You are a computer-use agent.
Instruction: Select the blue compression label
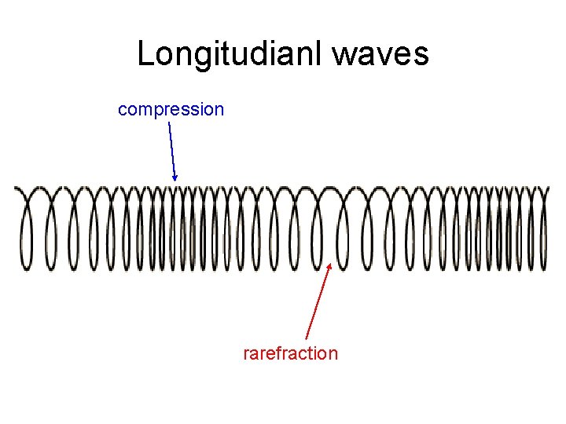point(171,109)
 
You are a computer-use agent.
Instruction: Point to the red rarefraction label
point(291,353)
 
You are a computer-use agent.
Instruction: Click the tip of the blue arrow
point(175,181)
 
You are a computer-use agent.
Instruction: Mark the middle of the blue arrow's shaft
point(172,152)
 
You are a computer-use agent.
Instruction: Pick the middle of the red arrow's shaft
point(318,302)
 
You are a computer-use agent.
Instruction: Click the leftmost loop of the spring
point(28,232)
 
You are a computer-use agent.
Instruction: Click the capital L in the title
point(146,54)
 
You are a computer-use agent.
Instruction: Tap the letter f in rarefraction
point(281,353)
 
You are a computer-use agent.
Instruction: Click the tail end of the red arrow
point(305,339)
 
